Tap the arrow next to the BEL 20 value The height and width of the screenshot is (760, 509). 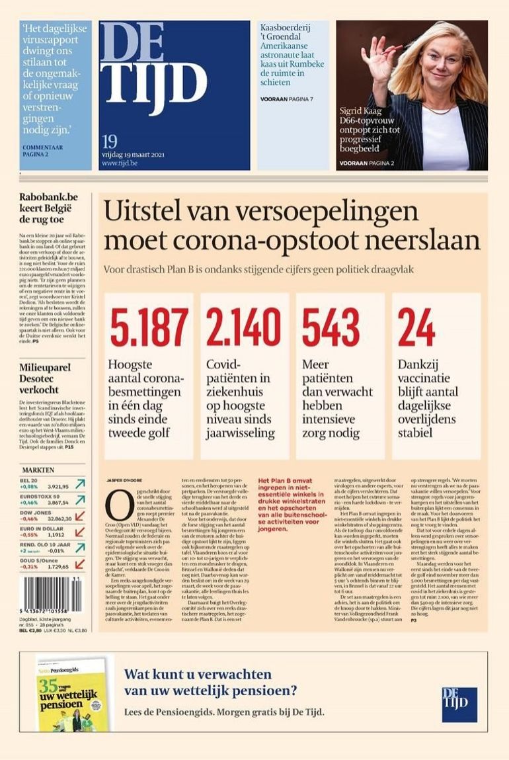coord(79,484)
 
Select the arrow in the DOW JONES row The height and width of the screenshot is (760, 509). coord(79,515)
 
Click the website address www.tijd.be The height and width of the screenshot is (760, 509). coord(120,163)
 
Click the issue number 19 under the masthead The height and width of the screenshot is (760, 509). coord(110,141)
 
